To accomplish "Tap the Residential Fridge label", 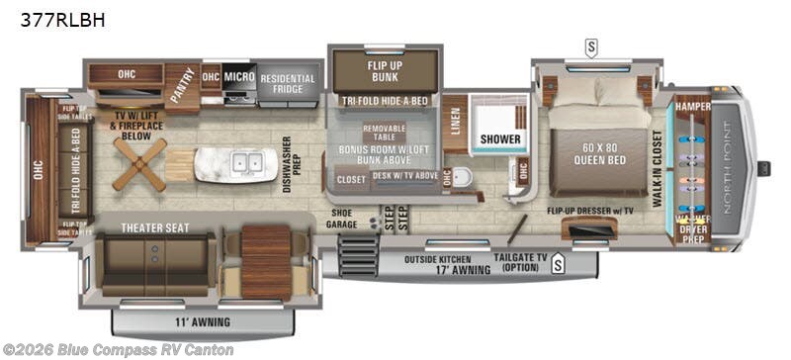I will pos(287,84).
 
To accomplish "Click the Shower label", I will pos(500,139).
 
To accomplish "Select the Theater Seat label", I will pos(154,227).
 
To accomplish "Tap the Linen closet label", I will pos(455,125).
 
